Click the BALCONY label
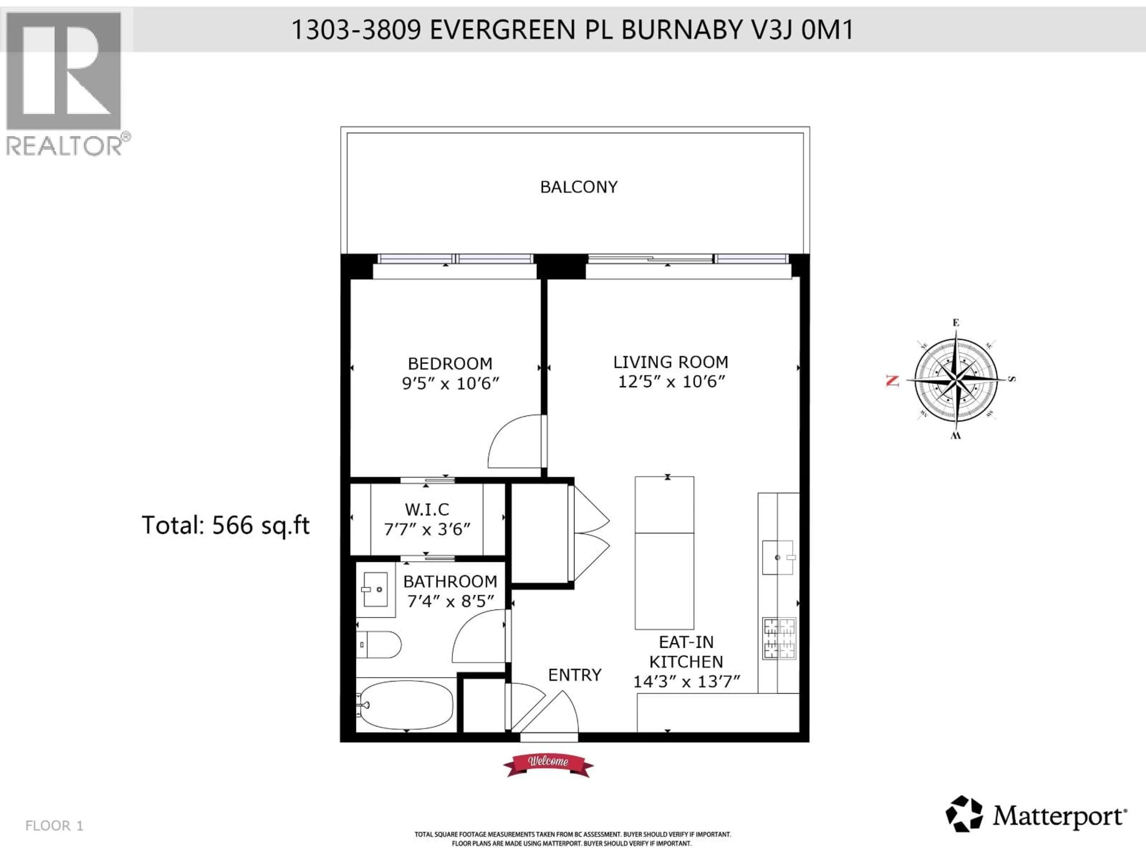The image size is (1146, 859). (579, 187)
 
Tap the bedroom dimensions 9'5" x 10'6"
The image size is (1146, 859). (450, 384)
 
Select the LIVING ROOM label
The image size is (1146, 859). (670, 362)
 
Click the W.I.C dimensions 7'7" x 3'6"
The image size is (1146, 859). (427, 529)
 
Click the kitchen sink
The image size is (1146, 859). (778, 558)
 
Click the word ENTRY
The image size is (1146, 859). (574, 675)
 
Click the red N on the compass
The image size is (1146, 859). (892, 381)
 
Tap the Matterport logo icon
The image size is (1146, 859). (964, 814)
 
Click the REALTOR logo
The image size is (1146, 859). (64, 83)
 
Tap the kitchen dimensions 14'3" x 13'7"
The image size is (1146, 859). (686, 682)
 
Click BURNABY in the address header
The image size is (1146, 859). (681, 30)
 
